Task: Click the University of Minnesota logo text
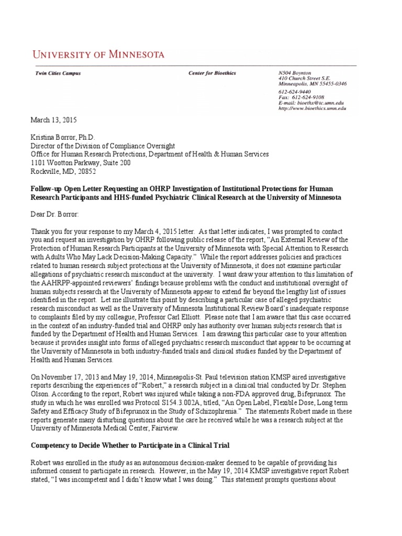99,54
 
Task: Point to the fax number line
301,97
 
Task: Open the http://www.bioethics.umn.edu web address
312,108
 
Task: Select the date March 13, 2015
54,120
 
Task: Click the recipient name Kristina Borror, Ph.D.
64,137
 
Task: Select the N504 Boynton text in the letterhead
295,73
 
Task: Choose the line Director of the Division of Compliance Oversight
103,146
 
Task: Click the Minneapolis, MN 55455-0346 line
312,84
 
